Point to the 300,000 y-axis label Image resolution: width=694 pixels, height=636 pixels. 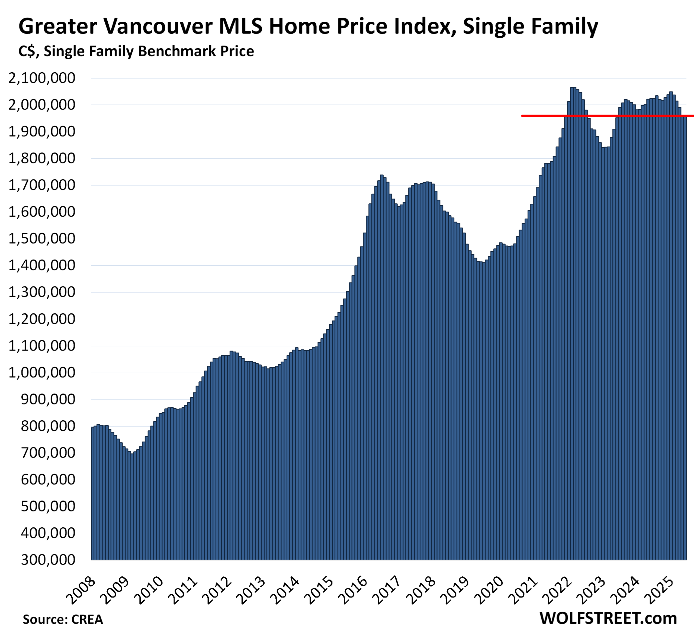tap(48, 560)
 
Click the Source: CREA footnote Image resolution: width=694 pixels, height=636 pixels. tap(63, 619)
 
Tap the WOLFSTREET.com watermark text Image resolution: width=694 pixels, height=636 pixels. tap(608, 618)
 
